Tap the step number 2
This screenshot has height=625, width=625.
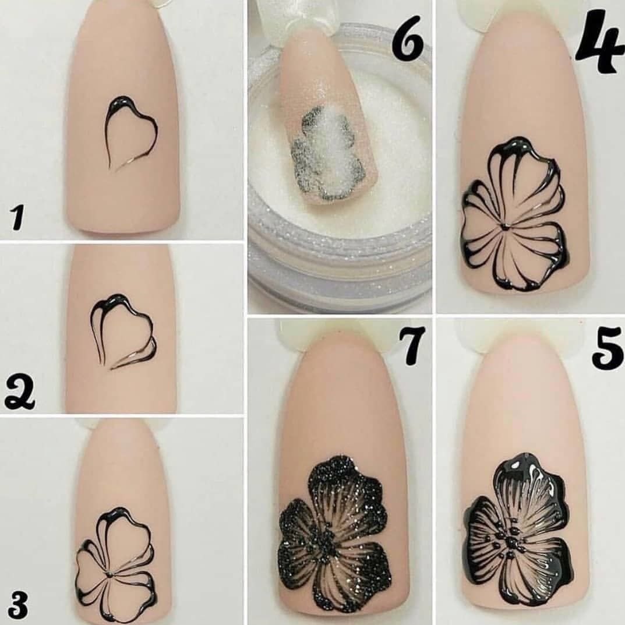tap(20, 393)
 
